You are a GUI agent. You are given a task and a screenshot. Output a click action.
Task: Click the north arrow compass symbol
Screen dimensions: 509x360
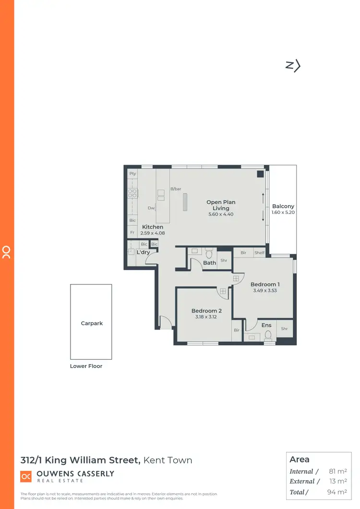[293, 66]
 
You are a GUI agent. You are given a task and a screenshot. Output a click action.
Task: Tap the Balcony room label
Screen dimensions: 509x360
[283, 206]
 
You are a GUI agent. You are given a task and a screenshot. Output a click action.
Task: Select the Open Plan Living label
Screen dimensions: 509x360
[221, 205]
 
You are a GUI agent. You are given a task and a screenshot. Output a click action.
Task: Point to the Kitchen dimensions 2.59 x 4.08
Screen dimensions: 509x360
[152, 233]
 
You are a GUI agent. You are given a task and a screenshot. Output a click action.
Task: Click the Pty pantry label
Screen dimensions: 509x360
[133, 173]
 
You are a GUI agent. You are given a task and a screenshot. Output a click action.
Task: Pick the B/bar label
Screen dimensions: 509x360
[176, 189]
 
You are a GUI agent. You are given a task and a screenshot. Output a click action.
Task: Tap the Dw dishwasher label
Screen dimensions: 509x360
[151, 208]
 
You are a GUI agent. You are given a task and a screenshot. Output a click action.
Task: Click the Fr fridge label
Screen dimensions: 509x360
[132, 233]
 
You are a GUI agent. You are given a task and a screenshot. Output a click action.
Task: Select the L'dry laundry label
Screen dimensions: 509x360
[143, 252]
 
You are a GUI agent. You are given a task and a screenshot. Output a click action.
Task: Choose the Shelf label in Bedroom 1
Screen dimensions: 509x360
[259, 253]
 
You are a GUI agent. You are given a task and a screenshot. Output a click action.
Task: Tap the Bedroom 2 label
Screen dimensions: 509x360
[206, 311]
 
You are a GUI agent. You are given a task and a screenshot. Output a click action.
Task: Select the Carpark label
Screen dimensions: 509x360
[92, 323]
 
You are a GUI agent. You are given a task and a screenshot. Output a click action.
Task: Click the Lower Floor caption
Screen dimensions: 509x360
[86, 366]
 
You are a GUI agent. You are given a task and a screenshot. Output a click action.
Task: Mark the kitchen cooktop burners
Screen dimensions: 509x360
[133, 193]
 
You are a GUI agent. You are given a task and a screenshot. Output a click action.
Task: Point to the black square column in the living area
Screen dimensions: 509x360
[260, 174]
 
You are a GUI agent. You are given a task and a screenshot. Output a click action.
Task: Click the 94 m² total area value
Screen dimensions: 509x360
[337, 492]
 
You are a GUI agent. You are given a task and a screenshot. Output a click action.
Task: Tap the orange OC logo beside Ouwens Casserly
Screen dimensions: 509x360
[26, 476]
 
